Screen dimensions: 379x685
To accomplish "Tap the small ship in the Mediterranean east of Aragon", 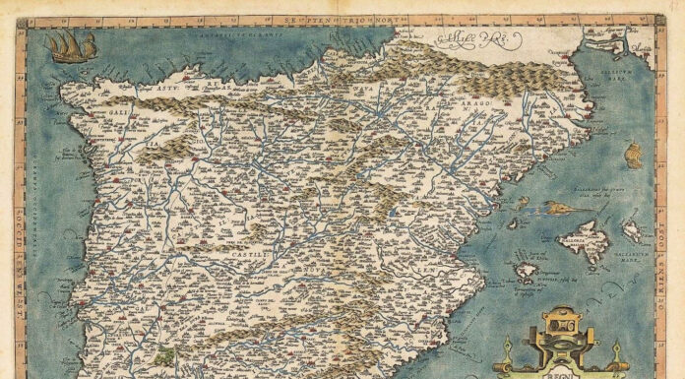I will tap(633, 154).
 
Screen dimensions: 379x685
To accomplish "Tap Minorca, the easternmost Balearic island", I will tap(632, 230).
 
